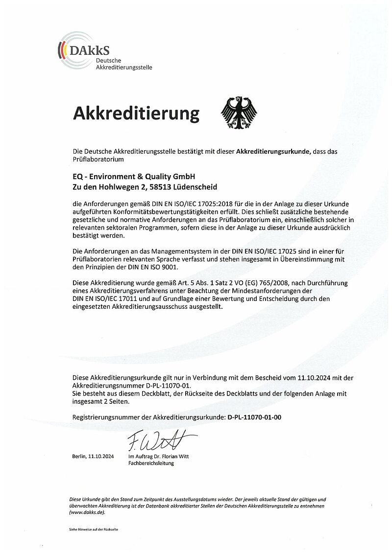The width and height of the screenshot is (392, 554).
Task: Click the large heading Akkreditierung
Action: (136, 113)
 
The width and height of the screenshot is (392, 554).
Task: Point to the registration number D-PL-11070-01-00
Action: (255, 417)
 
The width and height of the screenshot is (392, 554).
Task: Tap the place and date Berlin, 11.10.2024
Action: (93, 456)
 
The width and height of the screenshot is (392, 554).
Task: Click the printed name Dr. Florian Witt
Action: (171, 456)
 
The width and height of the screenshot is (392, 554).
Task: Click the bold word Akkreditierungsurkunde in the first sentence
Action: (273, 152)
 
